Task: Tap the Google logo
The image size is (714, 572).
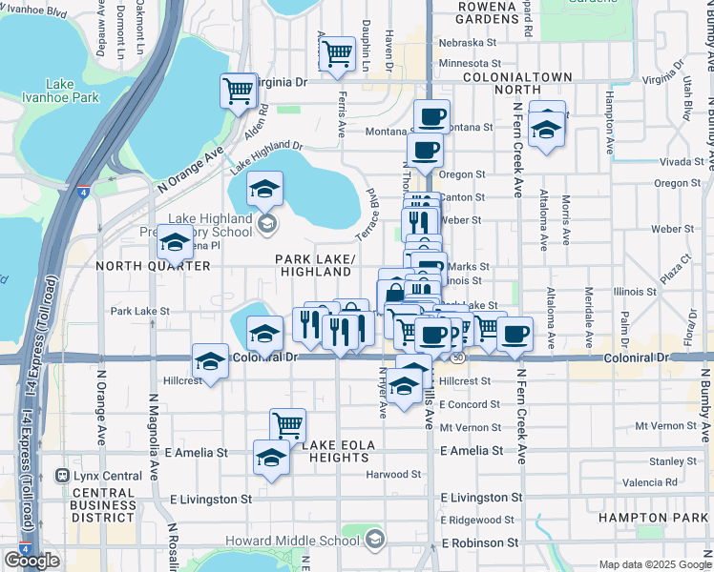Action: point(31,561)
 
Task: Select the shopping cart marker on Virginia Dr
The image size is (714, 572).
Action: point(239,92)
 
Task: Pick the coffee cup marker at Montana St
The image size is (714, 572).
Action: point(431,117)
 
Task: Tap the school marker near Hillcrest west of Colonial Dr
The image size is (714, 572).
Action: point(210,361)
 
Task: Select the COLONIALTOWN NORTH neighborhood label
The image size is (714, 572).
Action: point(516,83)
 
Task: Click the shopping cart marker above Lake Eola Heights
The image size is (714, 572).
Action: point(287,425)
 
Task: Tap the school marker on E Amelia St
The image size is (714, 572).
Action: point(271,457)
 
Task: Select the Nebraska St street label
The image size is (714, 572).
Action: point(468,42)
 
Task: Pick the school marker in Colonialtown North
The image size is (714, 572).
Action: point(546,129)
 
